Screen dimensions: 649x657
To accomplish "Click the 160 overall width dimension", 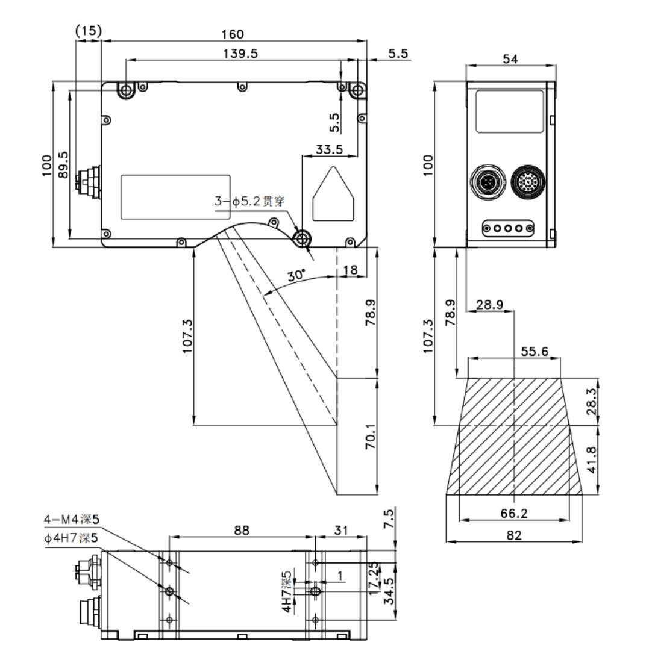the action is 233,34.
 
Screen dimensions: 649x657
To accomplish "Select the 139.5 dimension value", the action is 240,54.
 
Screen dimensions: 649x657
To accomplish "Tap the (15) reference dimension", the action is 88,31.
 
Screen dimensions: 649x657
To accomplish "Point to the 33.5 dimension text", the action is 329,149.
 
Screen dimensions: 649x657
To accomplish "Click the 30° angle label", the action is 296,275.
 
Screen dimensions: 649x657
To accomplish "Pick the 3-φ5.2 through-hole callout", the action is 249,202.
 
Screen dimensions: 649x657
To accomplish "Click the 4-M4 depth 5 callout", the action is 72,520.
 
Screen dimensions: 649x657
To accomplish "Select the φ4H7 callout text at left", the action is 71,538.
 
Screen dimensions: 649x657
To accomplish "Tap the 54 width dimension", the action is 510,59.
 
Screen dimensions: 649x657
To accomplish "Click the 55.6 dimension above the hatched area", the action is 534,351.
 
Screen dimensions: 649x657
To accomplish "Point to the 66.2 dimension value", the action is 514,513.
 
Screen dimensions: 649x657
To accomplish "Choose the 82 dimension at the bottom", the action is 514,535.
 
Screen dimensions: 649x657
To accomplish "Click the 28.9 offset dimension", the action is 490,304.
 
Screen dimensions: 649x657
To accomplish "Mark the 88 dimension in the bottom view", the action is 242,531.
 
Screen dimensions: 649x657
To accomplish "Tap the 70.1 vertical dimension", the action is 371,436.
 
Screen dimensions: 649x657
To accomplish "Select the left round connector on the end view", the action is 488,182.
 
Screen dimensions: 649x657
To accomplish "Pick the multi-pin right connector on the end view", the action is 528,182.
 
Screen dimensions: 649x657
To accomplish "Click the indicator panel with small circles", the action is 508,228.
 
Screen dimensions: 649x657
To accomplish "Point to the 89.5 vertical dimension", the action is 63,164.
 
